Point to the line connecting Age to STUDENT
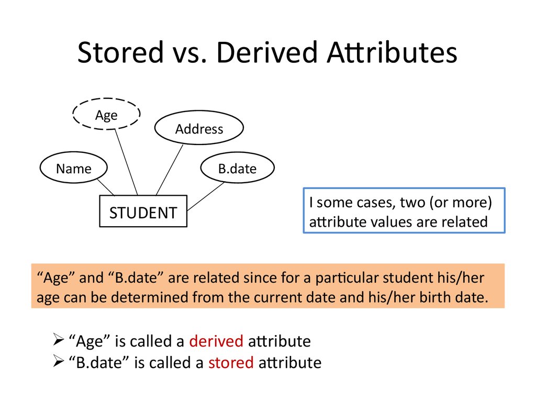(126, 162)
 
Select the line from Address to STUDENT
(170, 170)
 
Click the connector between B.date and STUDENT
(206, 196)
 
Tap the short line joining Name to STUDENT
(106, 187)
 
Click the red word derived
(216, 341)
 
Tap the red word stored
(231, 363)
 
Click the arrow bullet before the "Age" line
(59, 340)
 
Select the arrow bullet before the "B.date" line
(59, 361)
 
